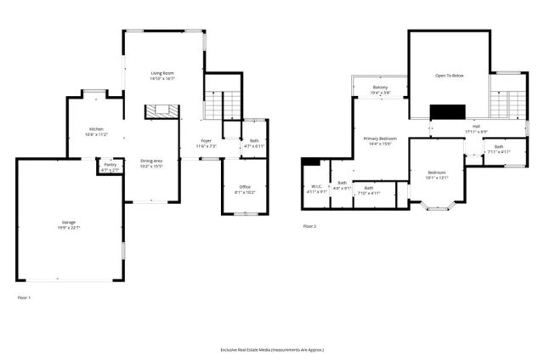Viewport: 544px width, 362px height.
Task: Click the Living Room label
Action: (x=163, y=74)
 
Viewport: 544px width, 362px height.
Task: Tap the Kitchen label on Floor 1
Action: (x=94, y=129)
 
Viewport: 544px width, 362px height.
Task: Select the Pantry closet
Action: (x=110, y=167)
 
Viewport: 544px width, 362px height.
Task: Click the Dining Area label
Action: (x=151, y=161)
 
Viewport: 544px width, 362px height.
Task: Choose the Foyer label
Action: (x=207, y=140)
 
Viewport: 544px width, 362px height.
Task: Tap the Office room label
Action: (x=245, y=187)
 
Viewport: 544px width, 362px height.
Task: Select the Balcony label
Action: (x=380, y=88)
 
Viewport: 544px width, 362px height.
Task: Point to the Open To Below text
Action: (x=450, y=76)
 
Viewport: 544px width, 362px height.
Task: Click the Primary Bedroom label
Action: (x=380, y=139)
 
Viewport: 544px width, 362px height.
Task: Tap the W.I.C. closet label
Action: (x=315, y=187)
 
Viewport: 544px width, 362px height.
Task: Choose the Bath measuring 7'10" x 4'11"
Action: (x=368, y=189)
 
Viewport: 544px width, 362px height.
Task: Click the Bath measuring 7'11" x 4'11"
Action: (x=498, y=148)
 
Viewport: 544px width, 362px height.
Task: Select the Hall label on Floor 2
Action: (x=475, y=127)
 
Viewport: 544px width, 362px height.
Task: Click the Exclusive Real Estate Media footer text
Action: (x=272, y=349)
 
